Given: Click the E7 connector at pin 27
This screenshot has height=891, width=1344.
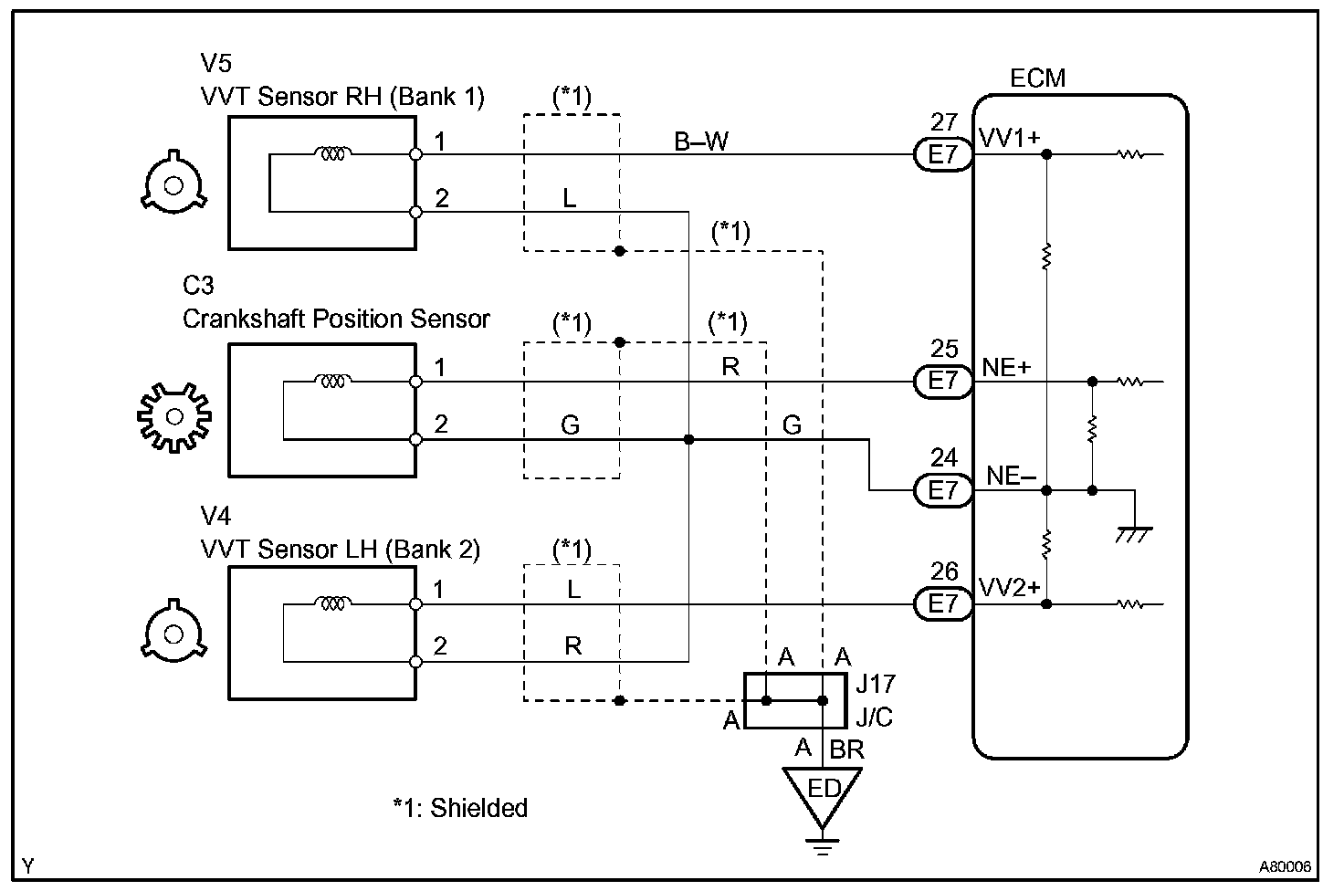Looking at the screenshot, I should point(943,154).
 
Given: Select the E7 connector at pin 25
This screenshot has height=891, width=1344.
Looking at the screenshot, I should point(943,381).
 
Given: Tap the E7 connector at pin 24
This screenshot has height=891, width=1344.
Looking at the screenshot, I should point(943,490).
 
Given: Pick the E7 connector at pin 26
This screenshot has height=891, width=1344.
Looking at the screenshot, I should point(943,603).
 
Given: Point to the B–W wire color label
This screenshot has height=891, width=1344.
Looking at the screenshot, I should point(701,141).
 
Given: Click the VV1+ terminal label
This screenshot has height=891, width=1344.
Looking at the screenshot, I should point(1010,138).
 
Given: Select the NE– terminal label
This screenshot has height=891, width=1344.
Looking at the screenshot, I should point(1011,476).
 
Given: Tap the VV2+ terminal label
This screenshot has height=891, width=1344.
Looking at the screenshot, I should point(1010,587).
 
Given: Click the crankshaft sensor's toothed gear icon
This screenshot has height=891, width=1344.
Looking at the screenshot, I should point(173,417).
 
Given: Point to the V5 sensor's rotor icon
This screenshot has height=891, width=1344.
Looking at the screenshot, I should point(173,186).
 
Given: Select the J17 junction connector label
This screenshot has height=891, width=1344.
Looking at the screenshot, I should point(875,683).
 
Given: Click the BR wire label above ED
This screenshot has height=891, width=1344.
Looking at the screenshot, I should point(846,750).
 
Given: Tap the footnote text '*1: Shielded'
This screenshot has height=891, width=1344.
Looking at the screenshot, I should point(460,808).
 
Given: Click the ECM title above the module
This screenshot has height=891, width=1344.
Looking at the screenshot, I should point(1037,79).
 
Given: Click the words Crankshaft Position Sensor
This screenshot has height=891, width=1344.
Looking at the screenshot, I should point(336,319).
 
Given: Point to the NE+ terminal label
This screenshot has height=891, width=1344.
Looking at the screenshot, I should point(1006,367).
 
